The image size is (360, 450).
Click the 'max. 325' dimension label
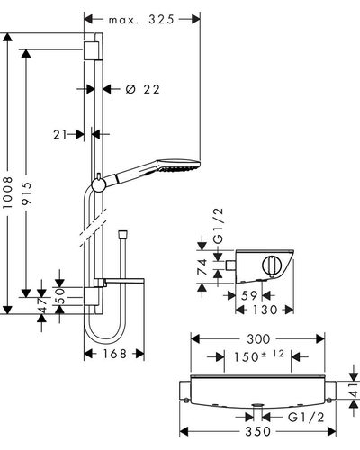tap(141, 20)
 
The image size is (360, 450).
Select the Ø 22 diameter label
tap(143, 89)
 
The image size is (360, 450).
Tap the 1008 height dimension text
tap(7, 193)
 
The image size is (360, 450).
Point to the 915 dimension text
tap(26, 193)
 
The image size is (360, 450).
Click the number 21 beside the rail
tap(60, 135)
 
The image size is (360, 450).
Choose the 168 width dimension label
tap(115, 354)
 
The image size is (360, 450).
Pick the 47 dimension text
tap(42, 305)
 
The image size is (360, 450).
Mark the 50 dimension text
tap(60, 296)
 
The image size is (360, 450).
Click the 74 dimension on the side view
tap(202, 266)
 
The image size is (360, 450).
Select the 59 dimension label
tap(249, 296)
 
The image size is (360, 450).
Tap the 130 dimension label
tap(265, 310)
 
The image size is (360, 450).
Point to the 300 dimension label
tap(258, 339)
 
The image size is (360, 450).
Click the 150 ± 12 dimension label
tap(259, 356)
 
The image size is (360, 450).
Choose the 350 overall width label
tap(257, 432)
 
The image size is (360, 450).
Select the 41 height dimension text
tap(355, 390)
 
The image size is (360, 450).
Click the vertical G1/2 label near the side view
tap(220, 226)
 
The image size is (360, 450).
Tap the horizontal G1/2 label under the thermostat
tap(306, 418)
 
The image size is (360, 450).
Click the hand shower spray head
tap(179, 166)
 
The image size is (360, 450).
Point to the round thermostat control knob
tap(272, 265)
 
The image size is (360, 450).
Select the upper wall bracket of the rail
tap(91, 51)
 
